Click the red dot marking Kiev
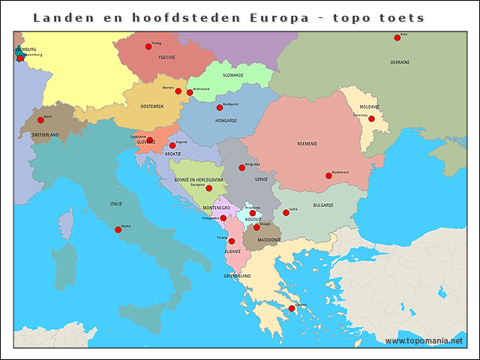point(397,38)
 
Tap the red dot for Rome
point(118,229)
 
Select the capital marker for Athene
point(292,308)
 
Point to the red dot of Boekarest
point(328,176)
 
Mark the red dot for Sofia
point(286,213)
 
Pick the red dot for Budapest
point(220,108)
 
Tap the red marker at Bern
point(40,120)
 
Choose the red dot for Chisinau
point(371,118)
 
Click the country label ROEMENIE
point(307,143)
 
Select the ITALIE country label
point(116,203)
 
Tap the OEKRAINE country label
point(400,62)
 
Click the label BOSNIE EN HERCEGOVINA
point(199,180)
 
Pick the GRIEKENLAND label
point(237,276)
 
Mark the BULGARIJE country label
point(322,205)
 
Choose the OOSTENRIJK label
point(151,106)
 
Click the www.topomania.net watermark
point(424,340)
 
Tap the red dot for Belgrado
point(241,167)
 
